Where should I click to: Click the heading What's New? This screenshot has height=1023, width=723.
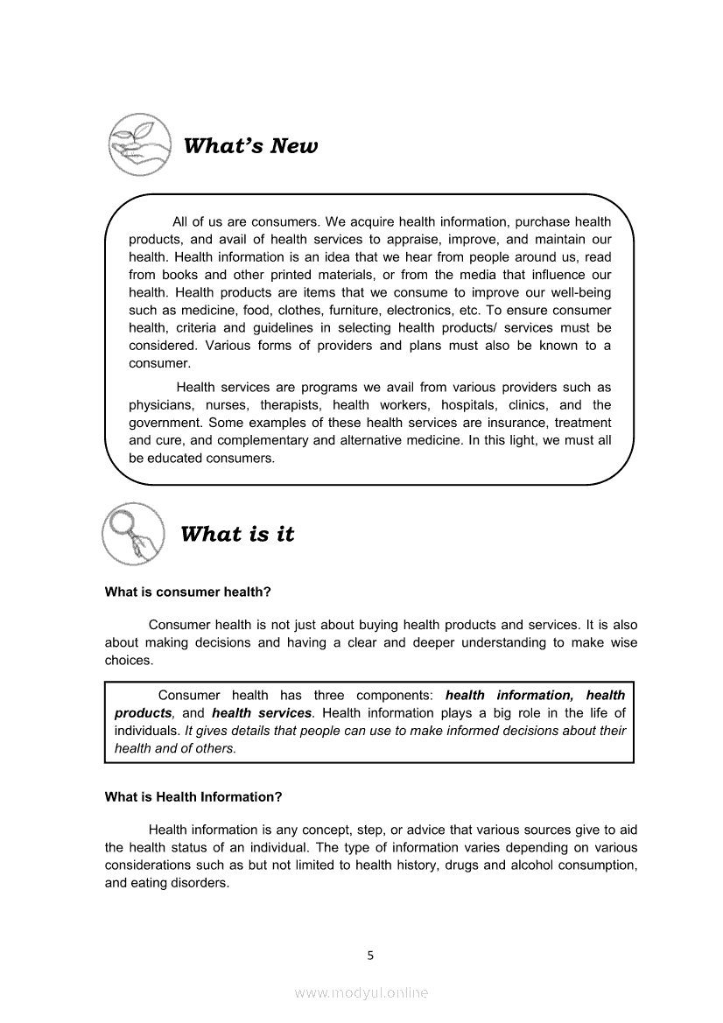pyautogui.click(x=250, y=146)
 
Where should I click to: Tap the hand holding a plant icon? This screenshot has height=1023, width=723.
pyautogui.click(x=139, y=143)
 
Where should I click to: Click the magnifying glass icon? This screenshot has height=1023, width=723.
pyautogui.click(x=133, y=533)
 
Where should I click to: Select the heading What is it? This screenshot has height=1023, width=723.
pyautogui.click(x=237, y=535)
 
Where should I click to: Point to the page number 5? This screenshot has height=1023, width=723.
pyautogui.click(x=370, y=956)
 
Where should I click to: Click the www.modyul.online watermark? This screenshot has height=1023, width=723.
pyautogui.click(x=361, y=992)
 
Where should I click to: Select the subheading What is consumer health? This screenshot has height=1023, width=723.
pyautogui.click(x=187, y=592)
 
